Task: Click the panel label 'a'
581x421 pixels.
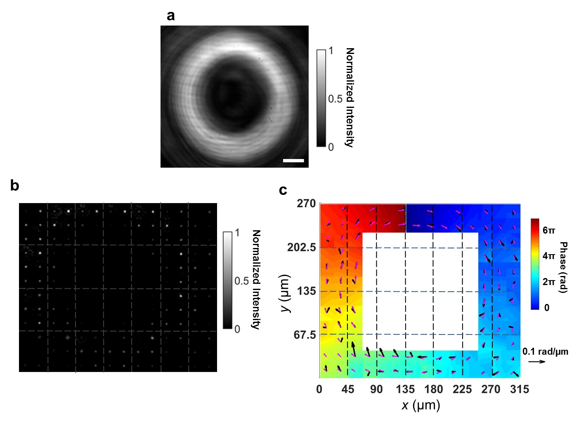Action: (x=170, y=16)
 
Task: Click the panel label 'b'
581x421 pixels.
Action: (x=14, y=186)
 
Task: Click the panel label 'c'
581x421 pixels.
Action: (x=283, y=190)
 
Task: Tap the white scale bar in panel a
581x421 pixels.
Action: (x=293, y=161)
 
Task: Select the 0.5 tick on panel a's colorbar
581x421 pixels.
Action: (x=335, y=99)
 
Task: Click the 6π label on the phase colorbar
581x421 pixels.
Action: (x=549, y=230)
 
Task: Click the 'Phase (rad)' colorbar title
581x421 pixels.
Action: (x=563, y=267)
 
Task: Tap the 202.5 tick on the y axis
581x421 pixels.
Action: (x=301, y=248)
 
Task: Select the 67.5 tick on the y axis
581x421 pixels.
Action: (x=305, y=335)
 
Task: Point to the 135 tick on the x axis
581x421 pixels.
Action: (x=405, y=389)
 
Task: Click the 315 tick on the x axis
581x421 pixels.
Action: (x=519, y=389)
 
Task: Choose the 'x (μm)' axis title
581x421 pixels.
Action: (x=420, y=405)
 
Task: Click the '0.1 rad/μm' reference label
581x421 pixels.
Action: (x=545, y=352)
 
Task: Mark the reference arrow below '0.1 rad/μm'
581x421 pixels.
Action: (x=537, y=362)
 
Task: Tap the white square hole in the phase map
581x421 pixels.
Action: (x=420, y=292)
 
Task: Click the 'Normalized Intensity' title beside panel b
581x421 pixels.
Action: (x=256, y=280)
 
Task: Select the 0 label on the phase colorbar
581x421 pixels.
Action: (x=547, y=308)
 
